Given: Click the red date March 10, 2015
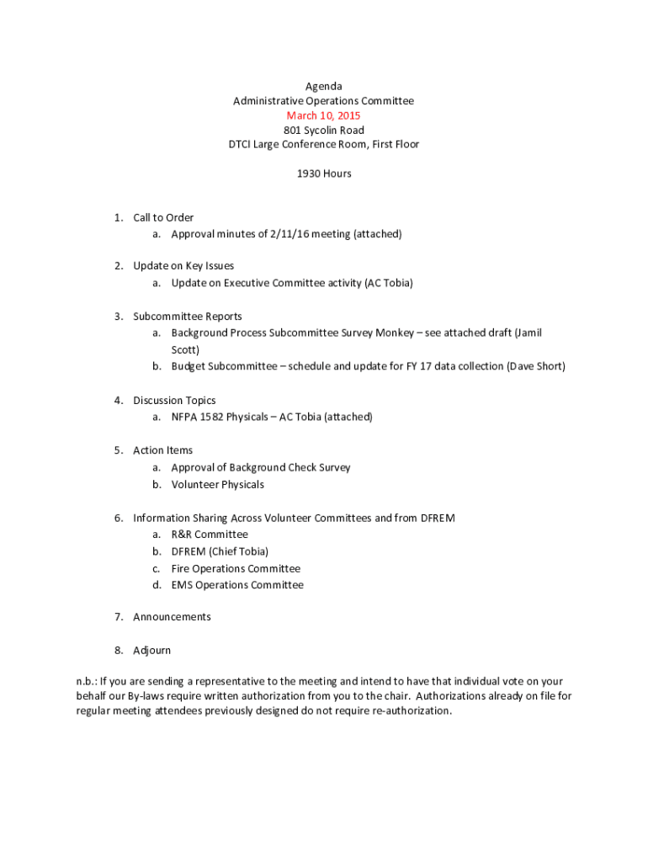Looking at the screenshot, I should click(x=323, y=115).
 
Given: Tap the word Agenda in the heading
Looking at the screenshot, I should click(x=323, y=86).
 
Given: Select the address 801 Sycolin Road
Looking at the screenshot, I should click(x=323, y=130).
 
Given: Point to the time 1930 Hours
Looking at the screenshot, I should click(x=323, y=173).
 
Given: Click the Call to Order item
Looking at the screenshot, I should click(x=163, y=217).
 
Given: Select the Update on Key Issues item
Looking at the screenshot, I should click(x=183, y=266).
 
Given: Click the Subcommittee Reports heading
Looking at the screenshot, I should click(x=187, y=317).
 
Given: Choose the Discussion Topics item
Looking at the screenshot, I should click(x=174, y=401).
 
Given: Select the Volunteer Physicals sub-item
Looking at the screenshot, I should click(x=217, y=484).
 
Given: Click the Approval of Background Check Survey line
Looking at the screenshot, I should click(x=261, y=467).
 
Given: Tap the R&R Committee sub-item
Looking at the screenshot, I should click(x=210, y=535).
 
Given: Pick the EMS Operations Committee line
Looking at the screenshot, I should click(x=237, y=585).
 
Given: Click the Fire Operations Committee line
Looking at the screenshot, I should click(x=236, y=568).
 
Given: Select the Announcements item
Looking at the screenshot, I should click(x=172, y=617).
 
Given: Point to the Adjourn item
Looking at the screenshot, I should click(x=151, y=651).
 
